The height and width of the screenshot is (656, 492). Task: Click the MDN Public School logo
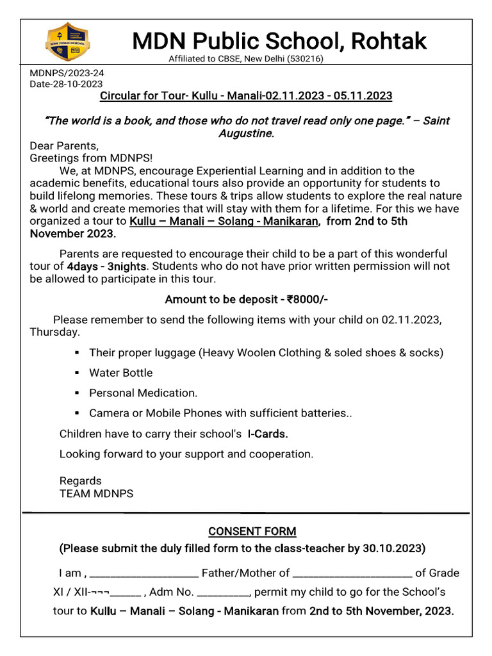[67, 43]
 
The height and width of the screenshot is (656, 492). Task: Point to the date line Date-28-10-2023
[66, 84]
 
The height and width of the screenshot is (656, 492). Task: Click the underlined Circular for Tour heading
[246, 96]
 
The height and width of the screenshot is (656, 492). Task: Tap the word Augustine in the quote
[246, 133]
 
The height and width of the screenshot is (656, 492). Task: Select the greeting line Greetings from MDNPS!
[92, 158]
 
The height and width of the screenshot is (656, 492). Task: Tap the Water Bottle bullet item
[121, 373]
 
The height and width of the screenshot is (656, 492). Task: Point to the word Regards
[81, 480]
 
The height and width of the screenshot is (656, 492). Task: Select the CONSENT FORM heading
[252, 532]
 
